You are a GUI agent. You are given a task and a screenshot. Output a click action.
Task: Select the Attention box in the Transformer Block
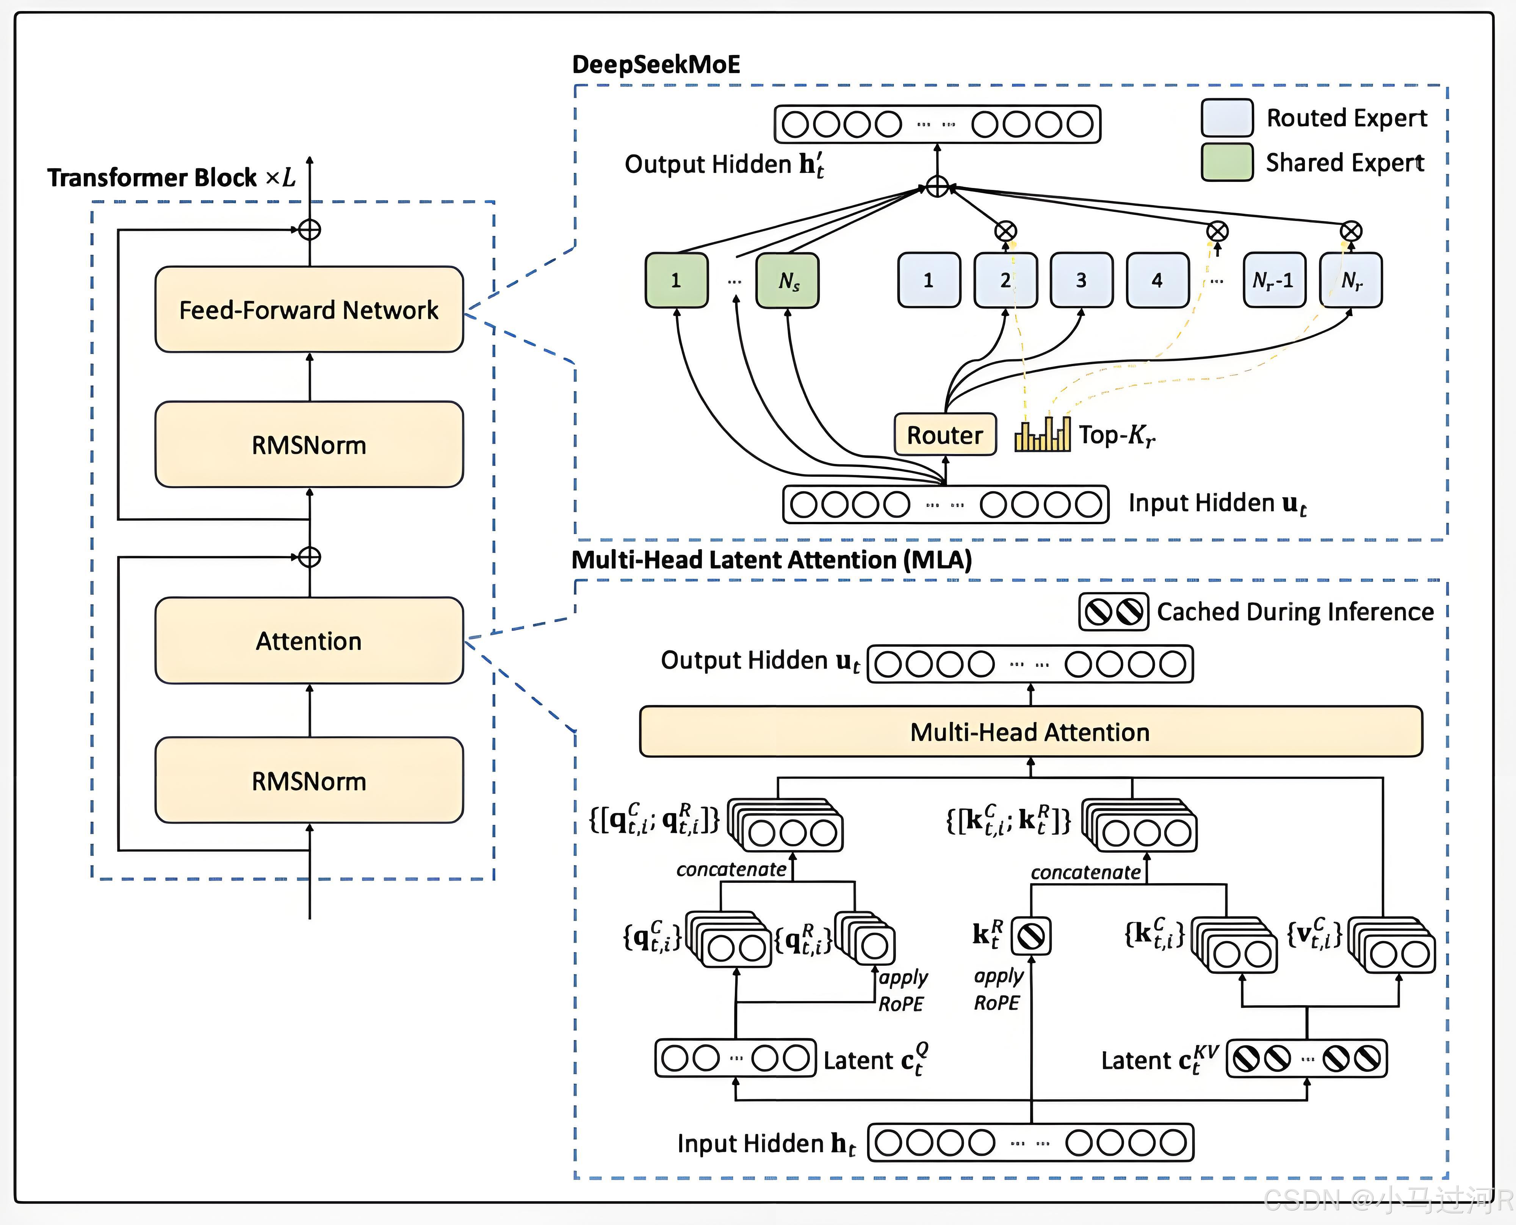point(309,641)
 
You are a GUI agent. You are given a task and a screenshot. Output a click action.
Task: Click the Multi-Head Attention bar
point(1030,732)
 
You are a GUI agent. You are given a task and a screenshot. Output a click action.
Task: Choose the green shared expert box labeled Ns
point(787,280)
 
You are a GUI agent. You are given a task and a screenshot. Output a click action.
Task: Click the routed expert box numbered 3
point(1081,280)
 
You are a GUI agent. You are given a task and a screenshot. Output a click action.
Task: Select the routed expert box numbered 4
point(1157,280)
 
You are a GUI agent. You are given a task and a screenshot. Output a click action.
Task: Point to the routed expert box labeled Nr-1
point(1273,280)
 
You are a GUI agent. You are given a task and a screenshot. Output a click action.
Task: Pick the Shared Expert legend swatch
point(1227,162)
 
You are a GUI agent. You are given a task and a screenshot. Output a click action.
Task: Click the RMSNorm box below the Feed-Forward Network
point(309,445)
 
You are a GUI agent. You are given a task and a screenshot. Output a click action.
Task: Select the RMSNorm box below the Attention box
point(309,780)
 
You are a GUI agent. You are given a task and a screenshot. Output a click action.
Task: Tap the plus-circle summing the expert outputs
point(937,187)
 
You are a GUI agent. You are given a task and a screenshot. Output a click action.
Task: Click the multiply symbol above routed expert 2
point(1005,231)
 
